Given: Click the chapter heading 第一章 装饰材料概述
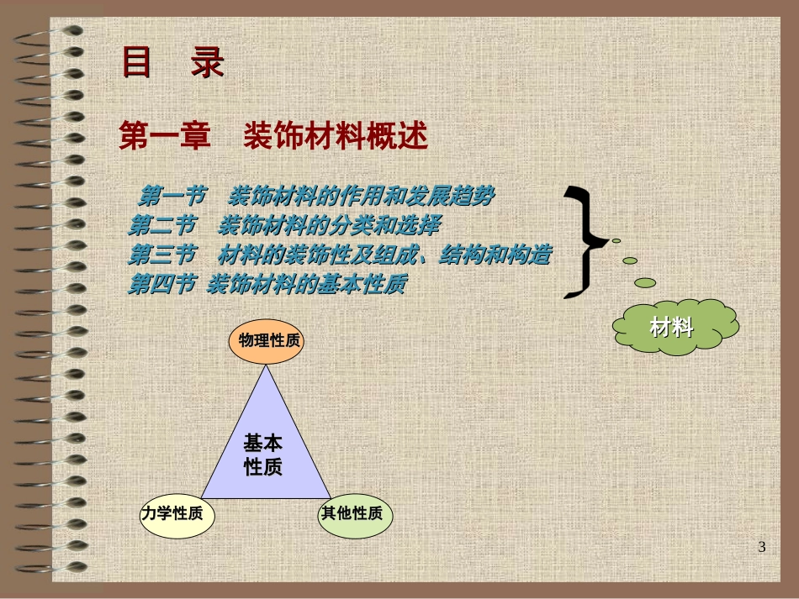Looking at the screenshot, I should pyautogui.click(x=273, y=135).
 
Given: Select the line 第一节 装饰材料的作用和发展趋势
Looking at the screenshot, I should pyautogui.click(x=316, y=197).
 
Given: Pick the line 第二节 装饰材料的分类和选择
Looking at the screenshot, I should pyautogui.click(x=283, y=225).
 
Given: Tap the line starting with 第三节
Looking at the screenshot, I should pyautogui.click(x=339, y=255).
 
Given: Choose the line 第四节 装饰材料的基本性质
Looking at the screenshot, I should pyautogui.click(x=267, y=285).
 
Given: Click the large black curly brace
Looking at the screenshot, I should pyautogui.click(x=586, y=242).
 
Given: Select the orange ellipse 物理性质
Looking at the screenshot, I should pyautogui.click(x=266, y=341).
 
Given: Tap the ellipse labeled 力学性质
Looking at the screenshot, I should pyautogui.click(x=177, y=513).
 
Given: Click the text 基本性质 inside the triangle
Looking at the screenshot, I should pyautogui.click(x=262, y=455).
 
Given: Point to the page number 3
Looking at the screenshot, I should pyautogui.click(x=762, y=548).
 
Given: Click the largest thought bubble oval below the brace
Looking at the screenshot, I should pyautogui.click(x=645, y=283).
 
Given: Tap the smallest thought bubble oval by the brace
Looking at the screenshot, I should pyautogui.click(x=616, y=241).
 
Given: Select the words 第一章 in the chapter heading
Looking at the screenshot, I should pyautogui.click(x=165, y=135).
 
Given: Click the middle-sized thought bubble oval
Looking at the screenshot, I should pyautogui.click(x=630, y=260).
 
